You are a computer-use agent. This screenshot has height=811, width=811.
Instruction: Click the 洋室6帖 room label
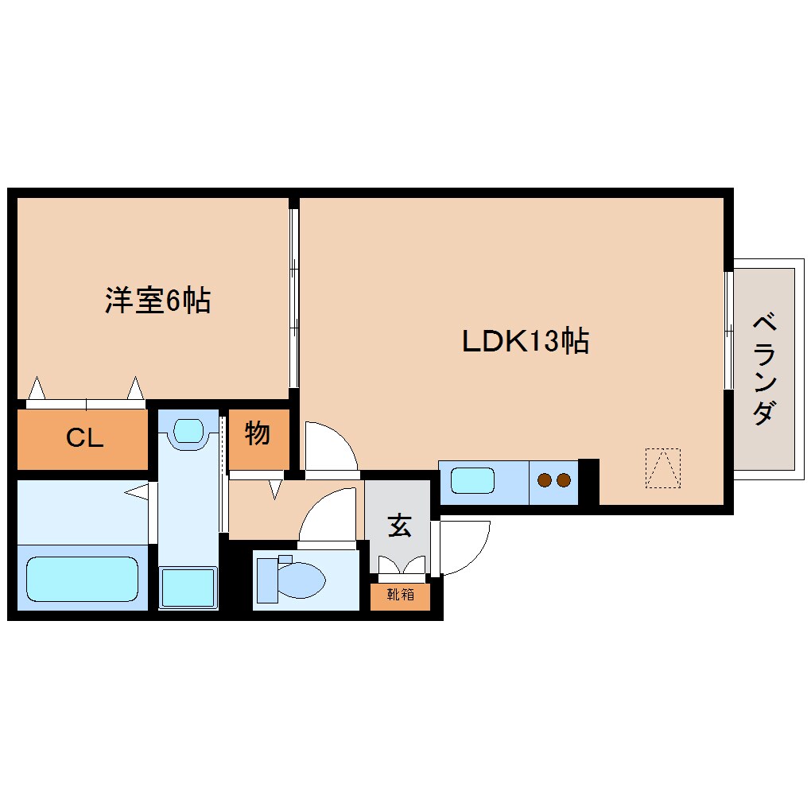click(157, 301)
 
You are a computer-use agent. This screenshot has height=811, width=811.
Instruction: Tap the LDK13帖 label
click(526, 341)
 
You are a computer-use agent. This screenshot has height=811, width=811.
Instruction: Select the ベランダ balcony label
click(763, 369)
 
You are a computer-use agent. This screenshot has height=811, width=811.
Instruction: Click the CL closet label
click(84, 437)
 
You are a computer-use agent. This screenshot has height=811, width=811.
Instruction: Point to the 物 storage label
click(258, 434)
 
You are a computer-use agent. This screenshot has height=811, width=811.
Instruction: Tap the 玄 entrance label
click(399, 526)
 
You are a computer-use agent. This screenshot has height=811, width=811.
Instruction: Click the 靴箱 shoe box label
click(400, 595)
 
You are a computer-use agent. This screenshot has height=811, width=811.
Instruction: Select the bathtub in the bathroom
click(82, 578)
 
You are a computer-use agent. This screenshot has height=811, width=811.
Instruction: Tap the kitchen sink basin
click(473, 480)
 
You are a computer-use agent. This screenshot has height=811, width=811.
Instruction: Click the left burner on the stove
click(545, 480)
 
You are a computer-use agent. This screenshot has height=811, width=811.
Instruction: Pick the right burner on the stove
click(564, 480)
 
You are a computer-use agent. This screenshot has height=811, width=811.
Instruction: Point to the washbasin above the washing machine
click(188, 431)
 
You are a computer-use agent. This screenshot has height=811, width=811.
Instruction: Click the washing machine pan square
click(188, 588)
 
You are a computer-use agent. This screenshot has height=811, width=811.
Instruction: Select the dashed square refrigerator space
click(662, 468)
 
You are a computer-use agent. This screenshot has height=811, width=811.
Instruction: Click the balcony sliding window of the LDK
click(728, 330)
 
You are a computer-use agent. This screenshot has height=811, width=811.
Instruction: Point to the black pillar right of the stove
click(588, 481)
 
